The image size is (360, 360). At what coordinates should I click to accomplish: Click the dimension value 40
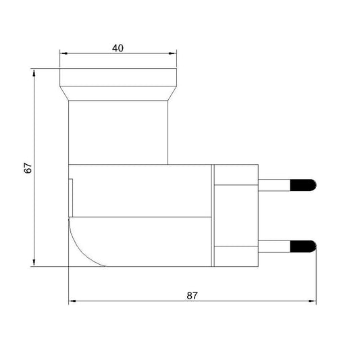tap(118, 48)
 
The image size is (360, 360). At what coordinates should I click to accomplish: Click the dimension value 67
tap(28, 168)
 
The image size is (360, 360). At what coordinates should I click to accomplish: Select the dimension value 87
tap(192, 296)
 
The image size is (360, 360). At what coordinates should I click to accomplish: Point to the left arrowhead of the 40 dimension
tap(63, 53)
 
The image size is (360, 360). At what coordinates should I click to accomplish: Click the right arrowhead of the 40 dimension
tap(173, 53)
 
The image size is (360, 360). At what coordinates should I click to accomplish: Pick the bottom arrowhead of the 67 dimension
tap(34, 263)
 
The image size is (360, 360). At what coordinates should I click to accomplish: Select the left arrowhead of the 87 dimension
tap(72, 301)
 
